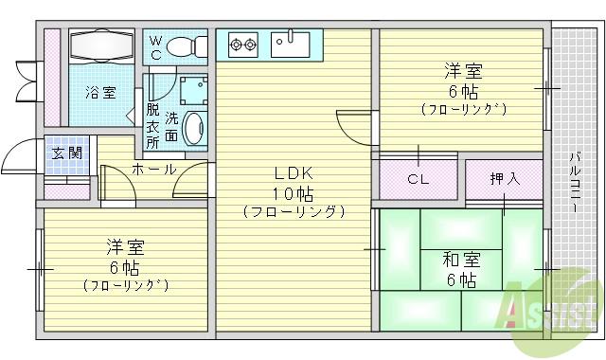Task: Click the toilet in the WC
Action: (188, 46)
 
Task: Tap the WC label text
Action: (156, 46)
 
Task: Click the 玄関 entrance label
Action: (65, 153)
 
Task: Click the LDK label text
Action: (294, 173)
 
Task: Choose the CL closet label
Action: (418, 179)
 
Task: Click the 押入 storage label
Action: (504, 178)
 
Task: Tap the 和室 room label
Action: (460, 259)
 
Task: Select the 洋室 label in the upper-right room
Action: (464, 70)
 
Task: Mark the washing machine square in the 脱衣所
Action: (194, 89)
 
